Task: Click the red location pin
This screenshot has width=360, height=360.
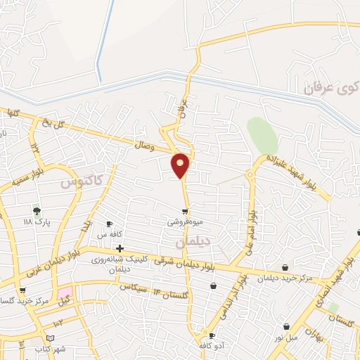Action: pos(181,165)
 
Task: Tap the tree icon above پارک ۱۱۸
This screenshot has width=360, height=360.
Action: pos(37,210)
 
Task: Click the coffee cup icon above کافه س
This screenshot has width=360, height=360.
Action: pos(109,224)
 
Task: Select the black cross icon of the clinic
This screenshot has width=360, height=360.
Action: pos(120,248)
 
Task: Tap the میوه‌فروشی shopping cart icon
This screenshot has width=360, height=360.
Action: pos(185,211)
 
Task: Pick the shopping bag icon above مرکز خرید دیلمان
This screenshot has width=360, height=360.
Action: pos(285,266)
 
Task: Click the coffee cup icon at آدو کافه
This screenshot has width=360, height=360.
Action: pos(212,336)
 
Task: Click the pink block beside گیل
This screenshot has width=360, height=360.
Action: pos(65,292)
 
